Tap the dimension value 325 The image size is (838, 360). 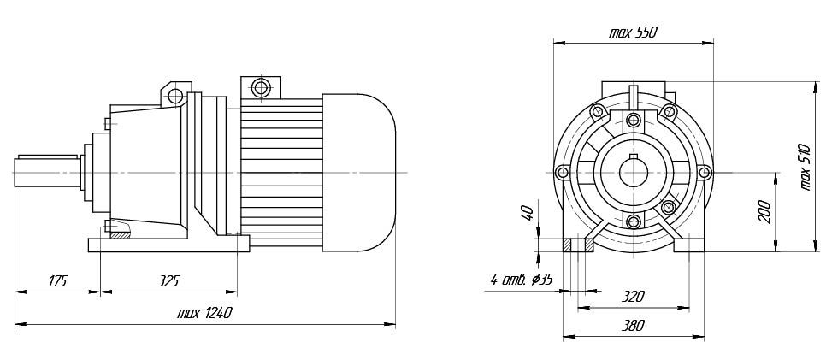(x=168, y=281)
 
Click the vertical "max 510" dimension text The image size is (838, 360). (x=806, y=168)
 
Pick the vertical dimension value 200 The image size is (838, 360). (x=764, y=212)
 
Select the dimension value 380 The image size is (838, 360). (x=634, y=325)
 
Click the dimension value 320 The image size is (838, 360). (x=634, y=296)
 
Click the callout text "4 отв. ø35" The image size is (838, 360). (x=522, y=280)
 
